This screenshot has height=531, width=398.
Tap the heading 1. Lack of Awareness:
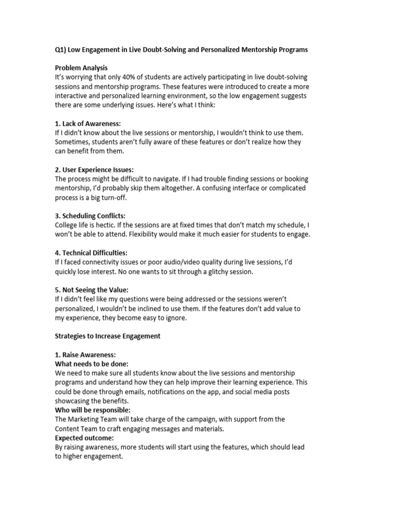pyautogui.click(x=88, y=123)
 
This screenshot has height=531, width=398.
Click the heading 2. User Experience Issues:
pyautogui.click(x=94, y=170)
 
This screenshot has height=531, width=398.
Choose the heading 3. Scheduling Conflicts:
pyautogui.click(x=90, y=216)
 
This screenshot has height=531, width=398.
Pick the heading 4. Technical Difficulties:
pyautogui.click(x=91, y=253)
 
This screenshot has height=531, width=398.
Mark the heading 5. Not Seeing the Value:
pyautogui.click(x=92, y=290)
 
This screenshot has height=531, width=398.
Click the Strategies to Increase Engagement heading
pyautogui.click(x=108, y=336)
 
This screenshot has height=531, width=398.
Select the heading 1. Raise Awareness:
pyautogui.click(x=81, y=355)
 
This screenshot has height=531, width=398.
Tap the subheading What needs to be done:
pyautogui.click(x=92, y=364)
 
